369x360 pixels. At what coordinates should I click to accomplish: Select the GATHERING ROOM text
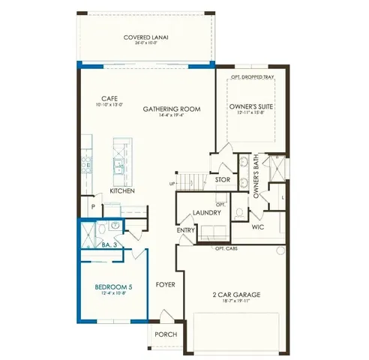click(172, 109)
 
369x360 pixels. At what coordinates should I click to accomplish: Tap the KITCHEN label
click(122, 191)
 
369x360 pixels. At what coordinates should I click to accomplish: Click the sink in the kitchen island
click(120, 165)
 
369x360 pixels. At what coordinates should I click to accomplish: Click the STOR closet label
click(223, 180)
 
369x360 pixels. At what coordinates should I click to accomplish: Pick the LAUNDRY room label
click(206, 212)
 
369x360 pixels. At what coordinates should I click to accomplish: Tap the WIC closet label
click(257, 226)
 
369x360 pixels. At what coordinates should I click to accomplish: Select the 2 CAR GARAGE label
click(235, 294)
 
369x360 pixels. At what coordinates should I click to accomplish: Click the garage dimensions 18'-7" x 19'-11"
click(235, 301)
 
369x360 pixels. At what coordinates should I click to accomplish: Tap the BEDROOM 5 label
click(113, 286)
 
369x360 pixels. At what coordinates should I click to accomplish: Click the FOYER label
click(166, 285)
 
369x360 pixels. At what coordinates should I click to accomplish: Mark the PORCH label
click(165, 334)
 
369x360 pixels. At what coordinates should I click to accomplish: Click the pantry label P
click(92, 206)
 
